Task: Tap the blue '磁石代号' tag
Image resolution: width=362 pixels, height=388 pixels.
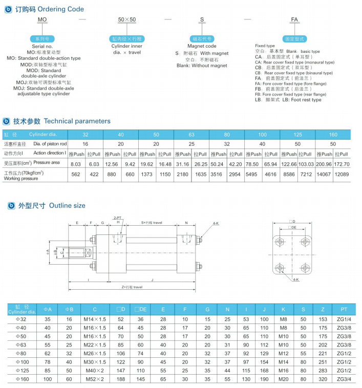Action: pyautogui.click(x=202, y=39)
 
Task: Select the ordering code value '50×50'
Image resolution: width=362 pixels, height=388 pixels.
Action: pyautogui.click(x=127, y=19)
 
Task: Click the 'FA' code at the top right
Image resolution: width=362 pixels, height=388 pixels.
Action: pyautogui.click(x=294, y=19)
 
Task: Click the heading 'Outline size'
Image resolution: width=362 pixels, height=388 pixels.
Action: pyautogui.click(x=67, y=206)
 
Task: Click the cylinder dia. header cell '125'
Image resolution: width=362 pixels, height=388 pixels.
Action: pyautogui.click(x=297, y=135)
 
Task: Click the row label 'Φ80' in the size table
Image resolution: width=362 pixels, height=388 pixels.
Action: pyautogui.click(x=21, y=353)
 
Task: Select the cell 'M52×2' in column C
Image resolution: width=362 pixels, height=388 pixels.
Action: pyautogui.click(x=95, y=379)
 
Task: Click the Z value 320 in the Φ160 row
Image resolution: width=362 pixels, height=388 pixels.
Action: pyautogui.click(x=323, y=379)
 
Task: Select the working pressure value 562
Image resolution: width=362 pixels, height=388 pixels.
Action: pyautogui.click(x=76, y=174)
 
